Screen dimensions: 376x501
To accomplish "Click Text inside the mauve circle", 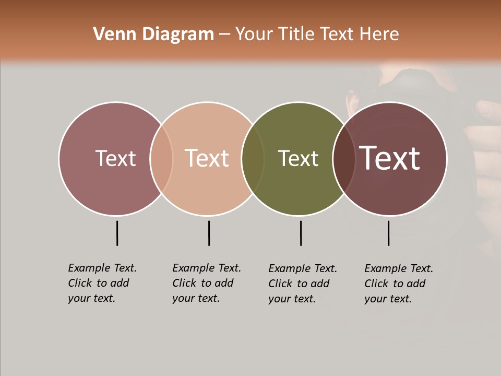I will [115, 158].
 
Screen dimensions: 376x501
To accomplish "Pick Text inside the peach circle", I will [207, 158].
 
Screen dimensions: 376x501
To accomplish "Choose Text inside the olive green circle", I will [298, 158].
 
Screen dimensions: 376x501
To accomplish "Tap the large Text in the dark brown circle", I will [389, 158].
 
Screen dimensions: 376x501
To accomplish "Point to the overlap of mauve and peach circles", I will [161, 158].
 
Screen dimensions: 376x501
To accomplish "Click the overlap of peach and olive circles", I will [253, 158].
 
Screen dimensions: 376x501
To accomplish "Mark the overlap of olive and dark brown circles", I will [344, 158].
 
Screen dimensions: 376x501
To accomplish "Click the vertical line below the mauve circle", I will [117, 233].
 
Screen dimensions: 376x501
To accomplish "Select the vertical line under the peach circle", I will [209, 233].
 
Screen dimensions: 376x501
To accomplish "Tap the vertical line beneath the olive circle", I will [301, 233].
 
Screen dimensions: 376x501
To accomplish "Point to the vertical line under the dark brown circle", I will [388, 233].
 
